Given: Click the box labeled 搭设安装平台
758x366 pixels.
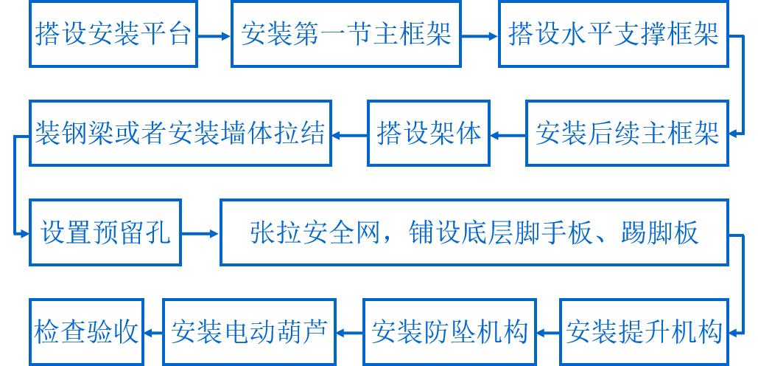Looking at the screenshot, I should pyautogui.click(x=113, y=35).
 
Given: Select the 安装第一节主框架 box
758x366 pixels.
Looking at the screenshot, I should pyautogui.click(x=345, y=35).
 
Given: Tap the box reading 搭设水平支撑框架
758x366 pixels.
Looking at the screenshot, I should pyautogui.click(x=613, y=35).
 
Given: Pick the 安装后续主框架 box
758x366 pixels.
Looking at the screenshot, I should pyautogui.click(x=627, y=134).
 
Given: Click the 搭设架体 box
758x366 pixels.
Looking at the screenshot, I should pyautogui.click(x=429, y=134).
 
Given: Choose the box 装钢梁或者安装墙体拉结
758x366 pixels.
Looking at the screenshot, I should pyautogui.click(x=180, y=134).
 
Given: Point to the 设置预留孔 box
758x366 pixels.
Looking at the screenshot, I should pyautogui.click(x=105, y=234).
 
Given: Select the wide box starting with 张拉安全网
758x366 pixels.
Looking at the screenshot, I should pyautogui.click(x=474, y=234).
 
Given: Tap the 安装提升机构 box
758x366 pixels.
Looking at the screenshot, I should pyautogui.click(x=642, y=332).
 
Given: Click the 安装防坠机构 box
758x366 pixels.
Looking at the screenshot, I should pyautogui.click(x=449, y=332).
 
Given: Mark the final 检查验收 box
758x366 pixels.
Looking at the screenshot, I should pyautogui.click(x=86, y=332).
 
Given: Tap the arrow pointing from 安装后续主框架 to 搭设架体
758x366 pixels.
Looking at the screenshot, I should pyautogui.click(x=508, y=134).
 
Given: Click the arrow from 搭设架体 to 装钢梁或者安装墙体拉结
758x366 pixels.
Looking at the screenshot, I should pyautogui.click(x=349, y=134).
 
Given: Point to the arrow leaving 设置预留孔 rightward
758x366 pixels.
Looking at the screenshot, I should pyautogui.click(x=200, y=234).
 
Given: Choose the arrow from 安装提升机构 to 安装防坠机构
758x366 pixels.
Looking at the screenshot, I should pyautogui.click(x=547, y=332).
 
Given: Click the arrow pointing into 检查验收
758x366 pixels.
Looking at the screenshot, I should pyautogui.click(x=152, y=332).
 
